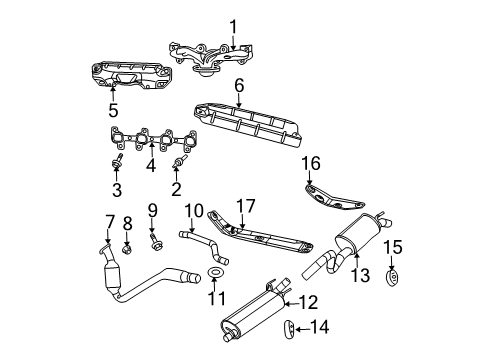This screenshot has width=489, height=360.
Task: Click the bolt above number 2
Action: (x=180, y=160)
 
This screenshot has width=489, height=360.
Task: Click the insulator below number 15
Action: (x=392, y=277)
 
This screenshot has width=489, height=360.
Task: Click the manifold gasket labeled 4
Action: (x=150, y=142)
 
